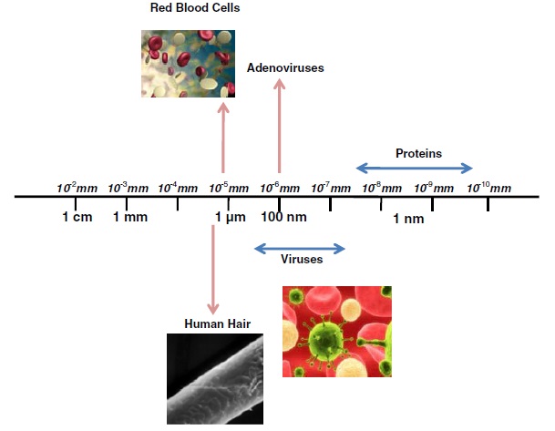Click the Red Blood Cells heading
[195, 8]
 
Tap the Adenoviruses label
[285, 67]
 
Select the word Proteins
[418, 153]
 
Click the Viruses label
[302, 259]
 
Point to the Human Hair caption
[217, 323]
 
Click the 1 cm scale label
[77, 217]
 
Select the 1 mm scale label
[130, 217]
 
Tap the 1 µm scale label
[231, 217]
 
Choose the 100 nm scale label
[283, 217]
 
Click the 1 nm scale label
[408, 219]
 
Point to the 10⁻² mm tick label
[77, 188]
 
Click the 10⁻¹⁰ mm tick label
[489, 188]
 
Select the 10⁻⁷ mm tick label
[331, 188]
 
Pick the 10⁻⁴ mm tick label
[178, 188]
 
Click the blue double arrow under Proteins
[414, 168]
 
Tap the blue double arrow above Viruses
[300, 249]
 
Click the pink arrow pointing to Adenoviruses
[279, 126]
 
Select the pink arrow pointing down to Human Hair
[212, 270]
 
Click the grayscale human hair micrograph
[215, 379]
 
